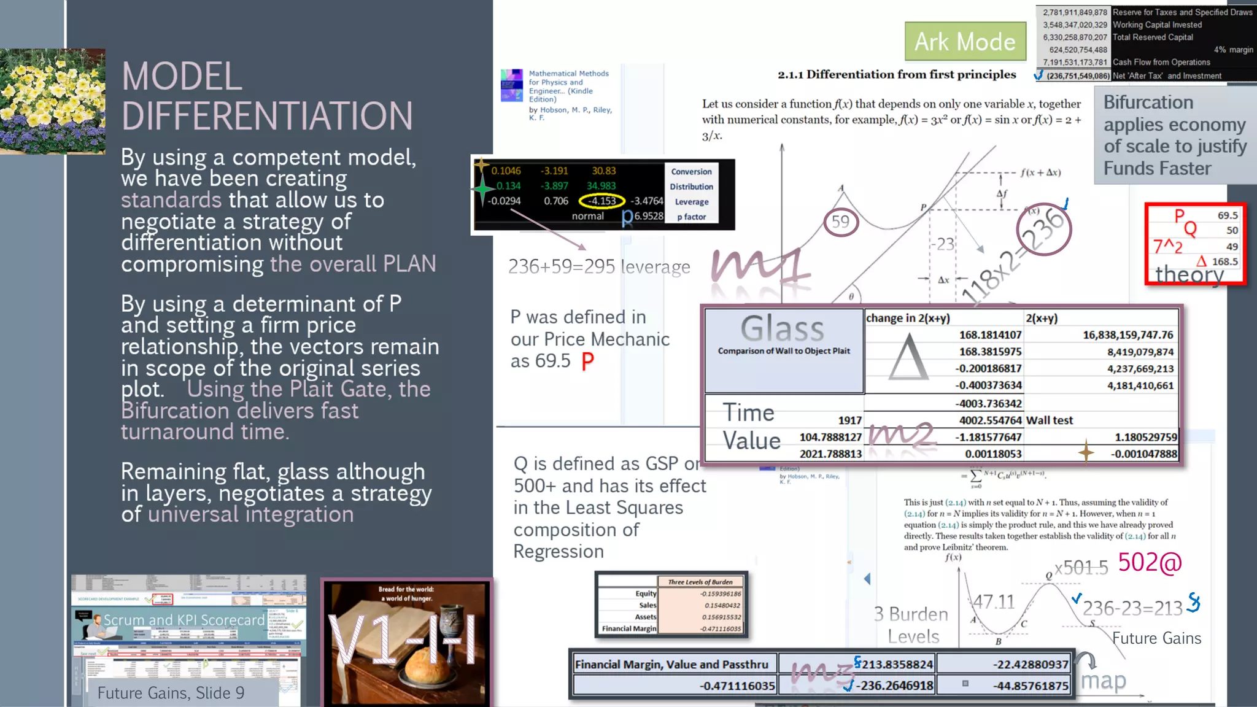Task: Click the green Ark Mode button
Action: [x=965, y=42]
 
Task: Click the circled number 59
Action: [x=840, y=222]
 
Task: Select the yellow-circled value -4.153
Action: [x=601, y=201]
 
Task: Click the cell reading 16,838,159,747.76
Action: [x=1127, y=335]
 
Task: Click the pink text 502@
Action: [x=1150, y=562]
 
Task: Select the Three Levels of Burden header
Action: [x=700, y=582]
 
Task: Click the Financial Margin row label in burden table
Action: [x=628, y=628]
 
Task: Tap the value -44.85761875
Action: [x=1031, y=686]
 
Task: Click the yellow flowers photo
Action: [x=53, y=101]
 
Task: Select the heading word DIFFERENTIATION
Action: [x=267, y=116]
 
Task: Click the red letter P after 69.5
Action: [x=587, y=361]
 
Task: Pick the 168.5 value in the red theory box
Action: [x=1224, y=261]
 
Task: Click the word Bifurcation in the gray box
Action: [x=1148, y=102]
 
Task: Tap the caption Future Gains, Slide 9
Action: [x=171, y=693]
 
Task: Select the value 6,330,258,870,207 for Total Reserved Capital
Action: [x=1075, y=37]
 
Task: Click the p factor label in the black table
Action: [x=691, y=217]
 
